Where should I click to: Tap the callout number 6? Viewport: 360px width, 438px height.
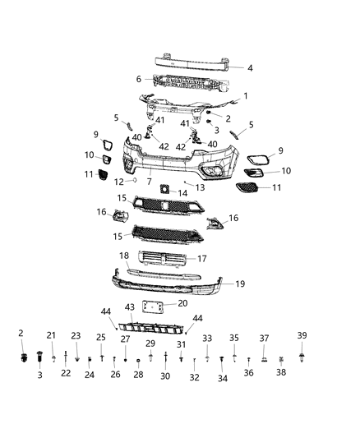tap(139, 79)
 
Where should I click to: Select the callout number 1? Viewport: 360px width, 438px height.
tap(244, 95)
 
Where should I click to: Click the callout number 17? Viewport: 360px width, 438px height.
tap(224, 259)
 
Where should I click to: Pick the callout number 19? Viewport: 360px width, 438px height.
tap(240, 284)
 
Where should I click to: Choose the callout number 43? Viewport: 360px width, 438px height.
tap(128, 307)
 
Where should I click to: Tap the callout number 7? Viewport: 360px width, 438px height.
tap(149, 181)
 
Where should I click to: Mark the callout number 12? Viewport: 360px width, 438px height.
tap(118, 181)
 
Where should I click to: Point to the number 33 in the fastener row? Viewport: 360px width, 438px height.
tap(207, 338)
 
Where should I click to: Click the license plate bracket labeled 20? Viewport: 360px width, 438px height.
tap(149, 307)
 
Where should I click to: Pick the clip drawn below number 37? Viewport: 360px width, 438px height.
tap(265, 358)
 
